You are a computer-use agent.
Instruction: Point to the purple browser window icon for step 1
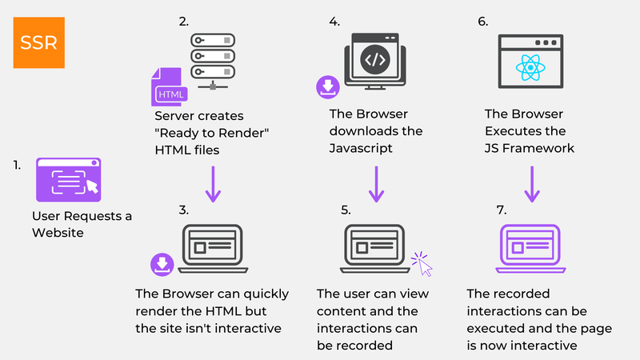click(68, 179)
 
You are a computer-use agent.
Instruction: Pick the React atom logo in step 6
click(527, 66)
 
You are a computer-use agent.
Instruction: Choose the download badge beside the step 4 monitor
click(327, 86)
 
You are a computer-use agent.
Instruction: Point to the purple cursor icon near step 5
click(422, 265)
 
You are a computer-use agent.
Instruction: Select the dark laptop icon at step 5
click(372, 246)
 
